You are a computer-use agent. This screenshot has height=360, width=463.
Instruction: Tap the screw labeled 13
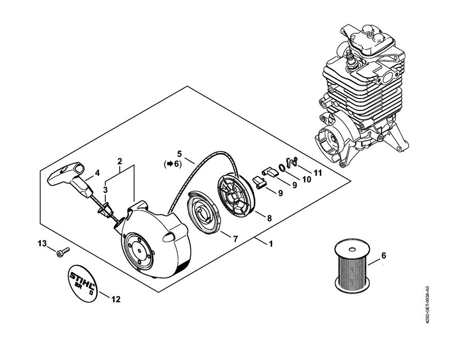click(x=63, y=252)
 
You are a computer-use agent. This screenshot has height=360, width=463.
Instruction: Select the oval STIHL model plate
click(x=82, y=283)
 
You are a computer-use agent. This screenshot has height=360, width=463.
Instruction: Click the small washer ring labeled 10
click(x=282, y=167)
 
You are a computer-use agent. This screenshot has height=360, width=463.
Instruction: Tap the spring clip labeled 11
click(x=292, y=162)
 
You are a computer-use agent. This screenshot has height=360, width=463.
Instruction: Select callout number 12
click(x=116, y=299)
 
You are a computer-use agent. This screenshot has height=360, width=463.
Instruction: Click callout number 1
click(x=271, y=244)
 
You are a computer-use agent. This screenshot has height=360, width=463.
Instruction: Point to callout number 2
click(x=119, y=161)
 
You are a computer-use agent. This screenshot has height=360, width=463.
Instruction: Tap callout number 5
click(x=179, y=154)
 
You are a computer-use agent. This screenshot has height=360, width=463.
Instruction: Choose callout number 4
click(x=97, y=173)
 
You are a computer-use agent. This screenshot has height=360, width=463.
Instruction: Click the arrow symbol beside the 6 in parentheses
click(x=170, y=164)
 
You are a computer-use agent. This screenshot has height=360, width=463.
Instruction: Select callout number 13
click(x=42, y=244)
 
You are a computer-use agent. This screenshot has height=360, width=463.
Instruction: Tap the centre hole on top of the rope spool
click(x=352, y=250)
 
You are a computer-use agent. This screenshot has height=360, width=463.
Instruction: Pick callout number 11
click(x=317, y=173)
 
